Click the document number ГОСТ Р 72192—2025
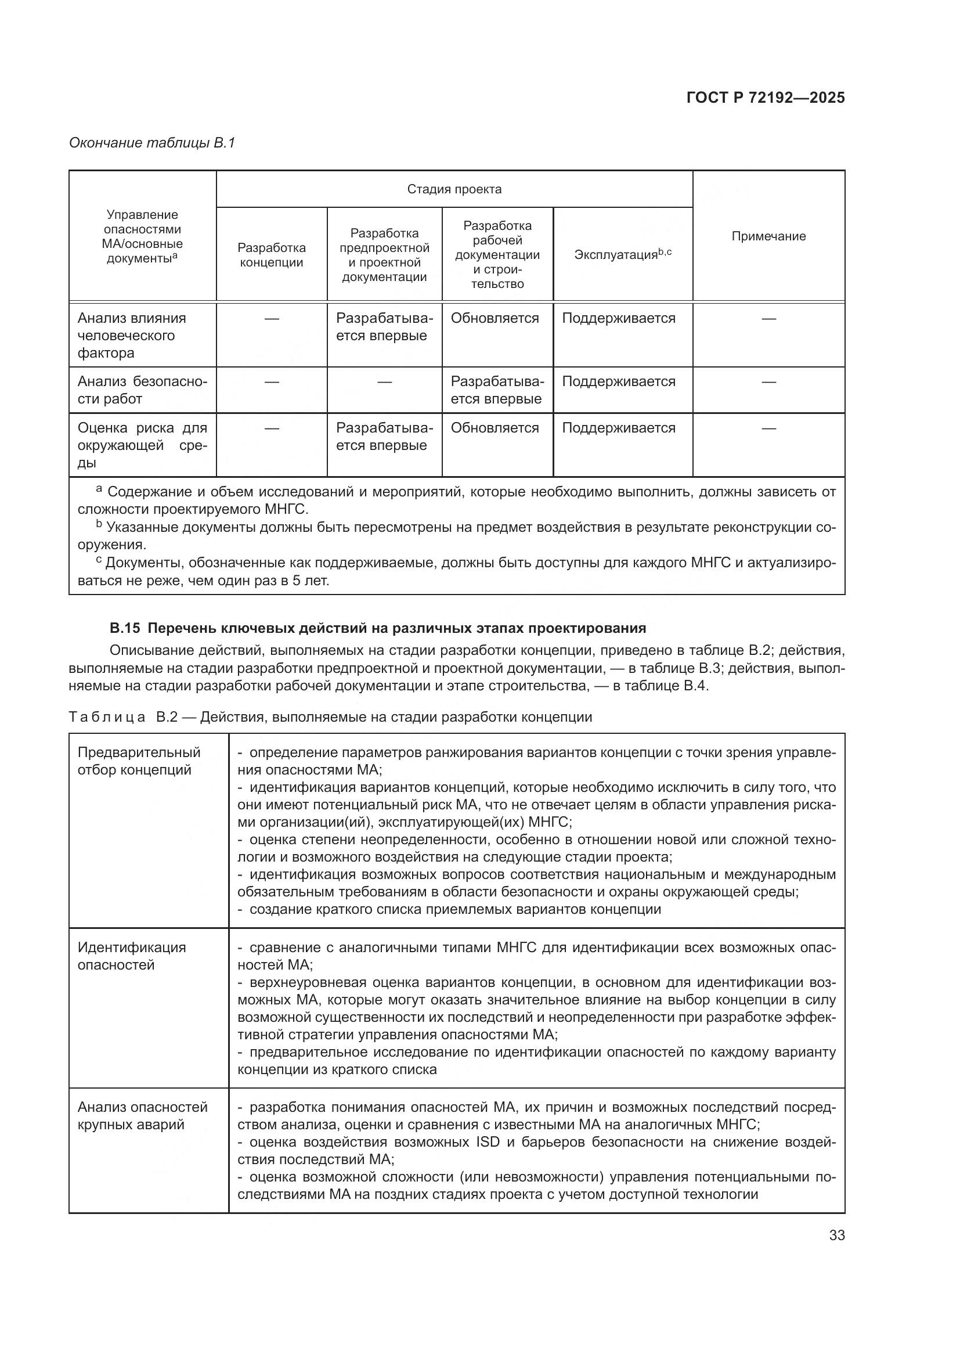point(766,98)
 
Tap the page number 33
point(836,1235)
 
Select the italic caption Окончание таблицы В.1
point(152,143)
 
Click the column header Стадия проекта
point(454,189)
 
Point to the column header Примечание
point(768,236)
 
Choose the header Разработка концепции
point(271,255)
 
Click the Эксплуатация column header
point(622,255)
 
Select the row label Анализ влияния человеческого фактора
point(131,336)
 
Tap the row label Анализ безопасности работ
point(142,390)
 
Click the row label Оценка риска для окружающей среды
point(142,445)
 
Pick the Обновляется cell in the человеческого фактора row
point(495,318)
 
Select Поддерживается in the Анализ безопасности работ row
point(618,381)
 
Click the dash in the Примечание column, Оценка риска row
point(768,428)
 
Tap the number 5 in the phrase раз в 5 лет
point(297,581)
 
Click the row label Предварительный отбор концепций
point(139,761)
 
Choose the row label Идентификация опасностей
point(131,956)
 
